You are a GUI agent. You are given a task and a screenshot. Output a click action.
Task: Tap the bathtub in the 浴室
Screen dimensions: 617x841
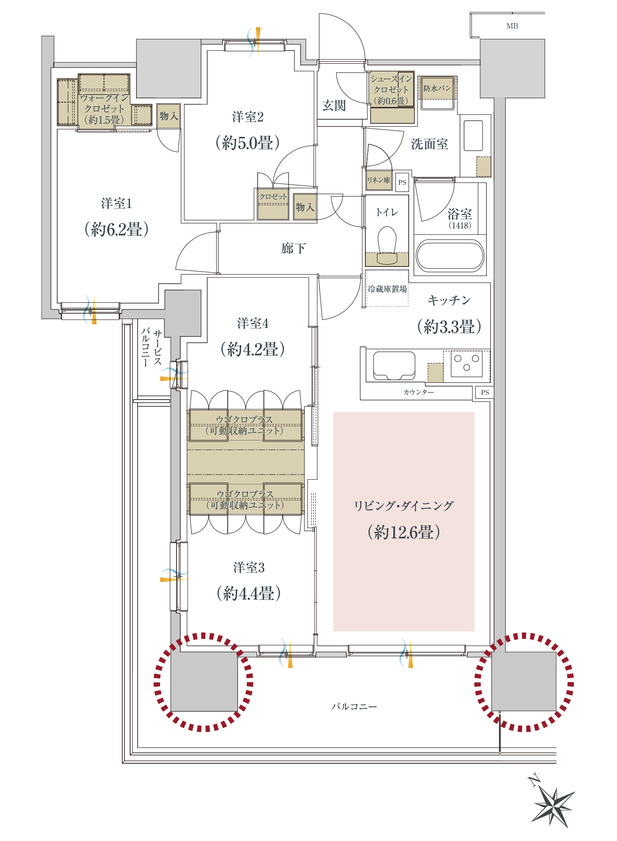coord(450,256)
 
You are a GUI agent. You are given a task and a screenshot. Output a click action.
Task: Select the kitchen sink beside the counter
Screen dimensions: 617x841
coord(394,365)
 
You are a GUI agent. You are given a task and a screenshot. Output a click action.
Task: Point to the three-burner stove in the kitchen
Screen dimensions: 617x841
coord(467,363)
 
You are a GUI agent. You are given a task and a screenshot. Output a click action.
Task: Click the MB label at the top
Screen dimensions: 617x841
coord(512,26)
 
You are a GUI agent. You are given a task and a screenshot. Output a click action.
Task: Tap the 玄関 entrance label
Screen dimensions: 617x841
coord(334,105)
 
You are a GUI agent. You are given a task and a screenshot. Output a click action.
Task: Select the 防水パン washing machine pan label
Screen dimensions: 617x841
coord(437,88)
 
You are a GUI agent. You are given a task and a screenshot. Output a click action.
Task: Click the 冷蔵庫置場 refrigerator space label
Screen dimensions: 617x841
coord(387,289)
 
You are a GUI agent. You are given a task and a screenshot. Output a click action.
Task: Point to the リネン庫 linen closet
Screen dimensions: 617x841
coord(378,180)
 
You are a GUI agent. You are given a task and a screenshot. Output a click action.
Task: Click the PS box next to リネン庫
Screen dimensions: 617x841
coord(402,182)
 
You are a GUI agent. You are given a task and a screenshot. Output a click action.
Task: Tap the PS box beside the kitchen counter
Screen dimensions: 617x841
coord(485,392)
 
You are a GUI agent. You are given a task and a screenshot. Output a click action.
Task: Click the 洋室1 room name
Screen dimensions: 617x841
coord(117,203)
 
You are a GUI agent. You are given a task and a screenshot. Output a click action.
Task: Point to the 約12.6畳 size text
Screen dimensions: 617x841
coord(404,532)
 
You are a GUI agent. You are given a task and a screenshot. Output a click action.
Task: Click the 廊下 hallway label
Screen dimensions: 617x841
coord(294,248)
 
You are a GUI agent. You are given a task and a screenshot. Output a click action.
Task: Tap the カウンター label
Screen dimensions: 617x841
coord(418,392)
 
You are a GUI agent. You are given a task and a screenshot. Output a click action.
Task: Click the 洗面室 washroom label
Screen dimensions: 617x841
coord(430,144)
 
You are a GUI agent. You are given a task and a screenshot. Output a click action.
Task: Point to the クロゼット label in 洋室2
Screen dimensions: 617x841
coord(273,197)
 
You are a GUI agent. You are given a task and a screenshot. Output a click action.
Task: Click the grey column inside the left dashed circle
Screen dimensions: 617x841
coord(204,681)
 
